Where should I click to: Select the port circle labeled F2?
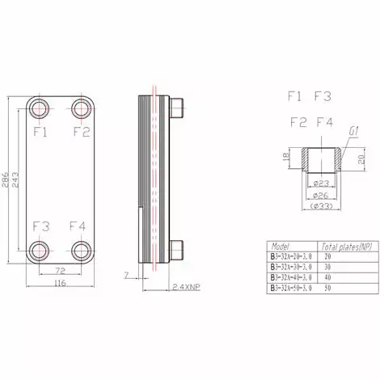click(81, 108)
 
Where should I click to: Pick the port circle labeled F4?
click(81, 248)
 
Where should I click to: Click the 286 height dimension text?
click(7, 179)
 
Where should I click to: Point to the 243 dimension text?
click(18, 179)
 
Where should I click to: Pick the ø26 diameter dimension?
click(320, 195)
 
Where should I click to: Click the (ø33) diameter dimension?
click(320, 208)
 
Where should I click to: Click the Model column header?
click(281, 246)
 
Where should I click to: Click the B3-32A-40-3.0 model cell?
click(293, 276)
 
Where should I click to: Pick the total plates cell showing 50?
click(328, 286)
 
